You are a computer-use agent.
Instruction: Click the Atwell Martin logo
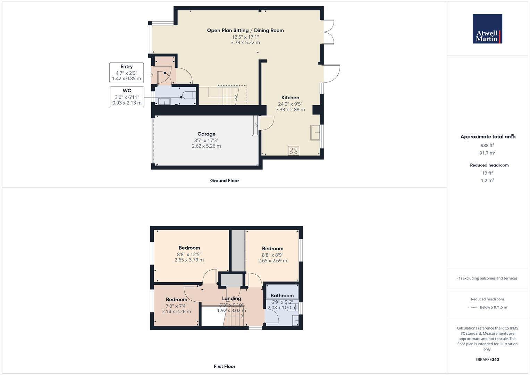[487, 29]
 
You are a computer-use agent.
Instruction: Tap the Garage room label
[206, 134]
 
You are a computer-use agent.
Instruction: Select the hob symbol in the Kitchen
[293, 150]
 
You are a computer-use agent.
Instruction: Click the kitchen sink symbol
[315, 132]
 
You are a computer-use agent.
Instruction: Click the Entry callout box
[127, 73]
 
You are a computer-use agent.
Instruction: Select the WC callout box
[127, 97]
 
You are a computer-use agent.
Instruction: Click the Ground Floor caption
[224, 181]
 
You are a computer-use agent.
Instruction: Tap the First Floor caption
[224, 366]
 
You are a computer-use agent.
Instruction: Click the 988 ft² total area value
[487, 145]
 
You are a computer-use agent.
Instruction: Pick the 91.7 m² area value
[487, 153]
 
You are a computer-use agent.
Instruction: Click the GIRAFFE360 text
[487, 359]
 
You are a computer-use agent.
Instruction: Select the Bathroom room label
[282, 296]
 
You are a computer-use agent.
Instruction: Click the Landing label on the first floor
[231, 299]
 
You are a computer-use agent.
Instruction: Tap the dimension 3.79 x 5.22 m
[245, 43]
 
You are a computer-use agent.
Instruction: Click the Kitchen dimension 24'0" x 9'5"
[290, 104]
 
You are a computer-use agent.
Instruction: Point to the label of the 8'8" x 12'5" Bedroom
[189, 248]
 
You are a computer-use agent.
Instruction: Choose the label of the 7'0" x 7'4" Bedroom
[176, 300]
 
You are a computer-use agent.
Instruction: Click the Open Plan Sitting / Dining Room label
[245, 31]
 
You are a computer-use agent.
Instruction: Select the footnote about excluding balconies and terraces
[487, 278]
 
